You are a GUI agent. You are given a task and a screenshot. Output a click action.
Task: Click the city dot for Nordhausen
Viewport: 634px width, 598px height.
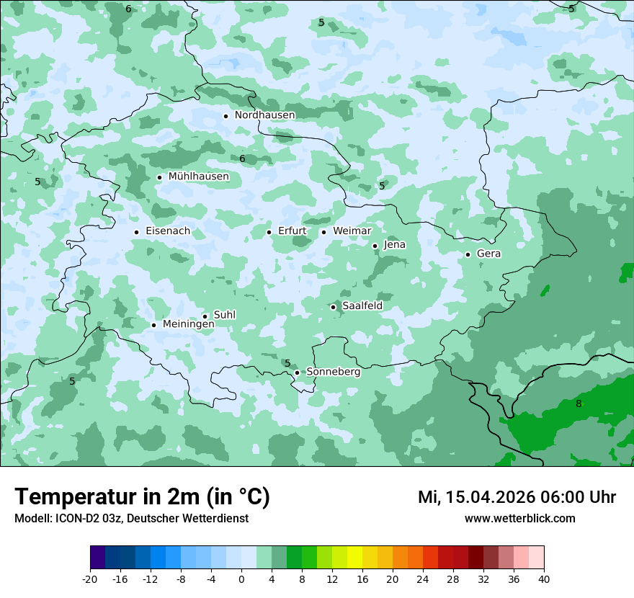click(x=226, y=116)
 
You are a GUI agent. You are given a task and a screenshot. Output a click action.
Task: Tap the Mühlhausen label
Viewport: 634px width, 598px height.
click(x=198, y=177)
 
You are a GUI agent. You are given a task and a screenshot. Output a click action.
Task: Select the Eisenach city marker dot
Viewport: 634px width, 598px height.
click(x=136, y=232)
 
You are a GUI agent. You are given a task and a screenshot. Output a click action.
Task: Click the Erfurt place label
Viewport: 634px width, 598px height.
click(x=292, y=231)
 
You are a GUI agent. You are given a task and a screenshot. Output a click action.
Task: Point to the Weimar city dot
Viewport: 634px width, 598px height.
click(x=323, y=232)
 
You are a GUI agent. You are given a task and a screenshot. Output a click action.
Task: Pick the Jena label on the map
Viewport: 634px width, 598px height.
click(x=394, y=245)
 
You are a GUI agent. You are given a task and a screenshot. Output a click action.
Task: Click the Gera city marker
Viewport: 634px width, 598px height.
click(x=468, y=254)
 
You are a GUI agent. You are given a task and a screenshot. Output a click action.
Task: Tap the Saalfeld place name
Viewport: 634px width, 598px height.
click(x=362, y=306)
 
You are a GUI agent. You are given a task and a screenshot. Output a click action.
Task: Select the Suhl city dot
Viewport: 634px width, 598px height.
click(x=205, y=316)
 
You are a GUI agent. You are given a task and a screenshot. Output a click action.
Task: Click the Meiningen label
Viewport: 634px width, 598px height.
click(x=188, y=325)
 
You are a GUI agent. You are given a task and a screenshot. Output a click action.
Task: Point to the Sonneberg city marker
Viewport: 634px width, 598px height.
click(x=297, y=373)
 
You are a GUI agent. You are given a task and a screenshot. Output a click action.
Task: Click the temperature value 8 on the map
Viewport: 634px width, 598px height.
click(x=579, y=404)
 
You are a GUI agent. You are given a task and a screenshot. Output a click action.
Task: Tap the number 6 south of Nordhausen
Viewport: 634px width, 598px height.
click(x=242, y=159)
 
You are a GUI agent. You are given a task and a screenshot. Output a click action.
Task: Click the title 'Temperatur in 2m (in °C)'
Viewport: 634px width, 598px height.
click(x=142, y=497)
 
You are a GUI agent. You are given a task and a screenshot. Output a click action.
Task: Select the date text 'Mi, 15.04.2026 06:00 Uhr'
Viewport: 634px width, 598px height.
click(x=517, y=497)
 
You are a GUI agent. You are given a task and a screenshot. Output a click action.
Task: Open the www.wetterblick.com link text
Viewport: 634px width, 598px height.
click(x=519, y=519)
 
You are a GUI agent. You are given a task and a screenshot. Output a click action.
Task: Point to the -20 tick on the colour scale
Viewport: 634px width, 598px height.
click(x=90, y=579)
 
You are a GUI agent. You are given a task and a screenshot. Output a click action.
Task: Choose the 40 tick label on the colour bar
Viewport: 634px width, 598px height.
click(x=543, y=579)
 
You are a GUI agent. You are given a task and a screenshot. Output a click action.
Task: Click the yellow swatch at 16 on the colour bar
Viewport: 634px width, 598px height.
click(x=354, y=558)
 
